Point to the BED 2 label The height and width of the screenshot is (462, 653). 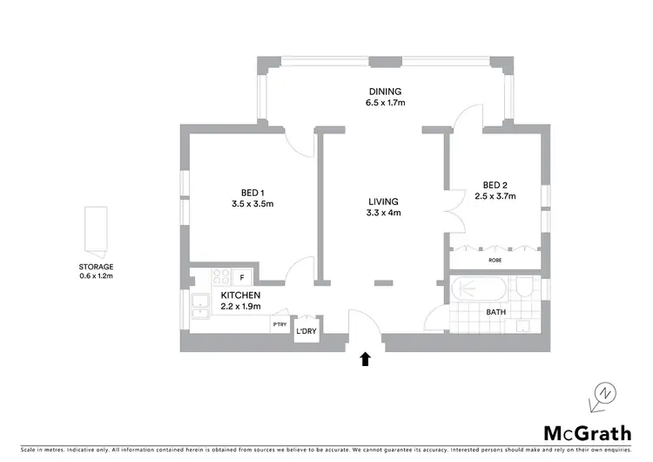[x=495, y=185]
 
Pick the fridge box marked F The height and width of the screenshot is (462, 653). [x=241, y=277]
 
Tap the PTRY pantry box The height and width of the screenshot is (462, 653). [x=279, y=325]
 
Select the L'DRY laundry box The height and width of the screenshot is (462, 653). [x=306, y=331]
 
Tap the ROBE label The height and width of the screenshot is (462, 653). [x=495, y=260]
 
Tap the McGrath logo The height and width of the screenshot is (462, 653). [x=577, y=433]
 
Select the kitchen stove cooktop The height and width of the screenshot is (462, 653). [x=219, y=277]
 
